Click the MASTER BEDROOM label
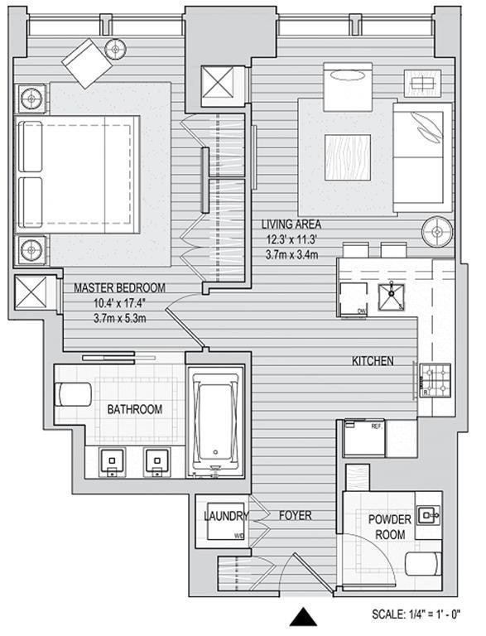point(119,288)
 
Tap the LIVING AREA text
point(291,224)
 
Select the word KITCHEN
point(372,361)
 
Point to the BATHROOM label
point(134,409)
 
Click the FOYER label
point(295,516)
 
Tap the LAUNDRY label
point(226,516)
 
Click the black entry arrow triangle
point(304,619)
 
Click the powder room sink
point(429,516)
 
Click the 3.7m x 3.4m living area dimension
point(291,251)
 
